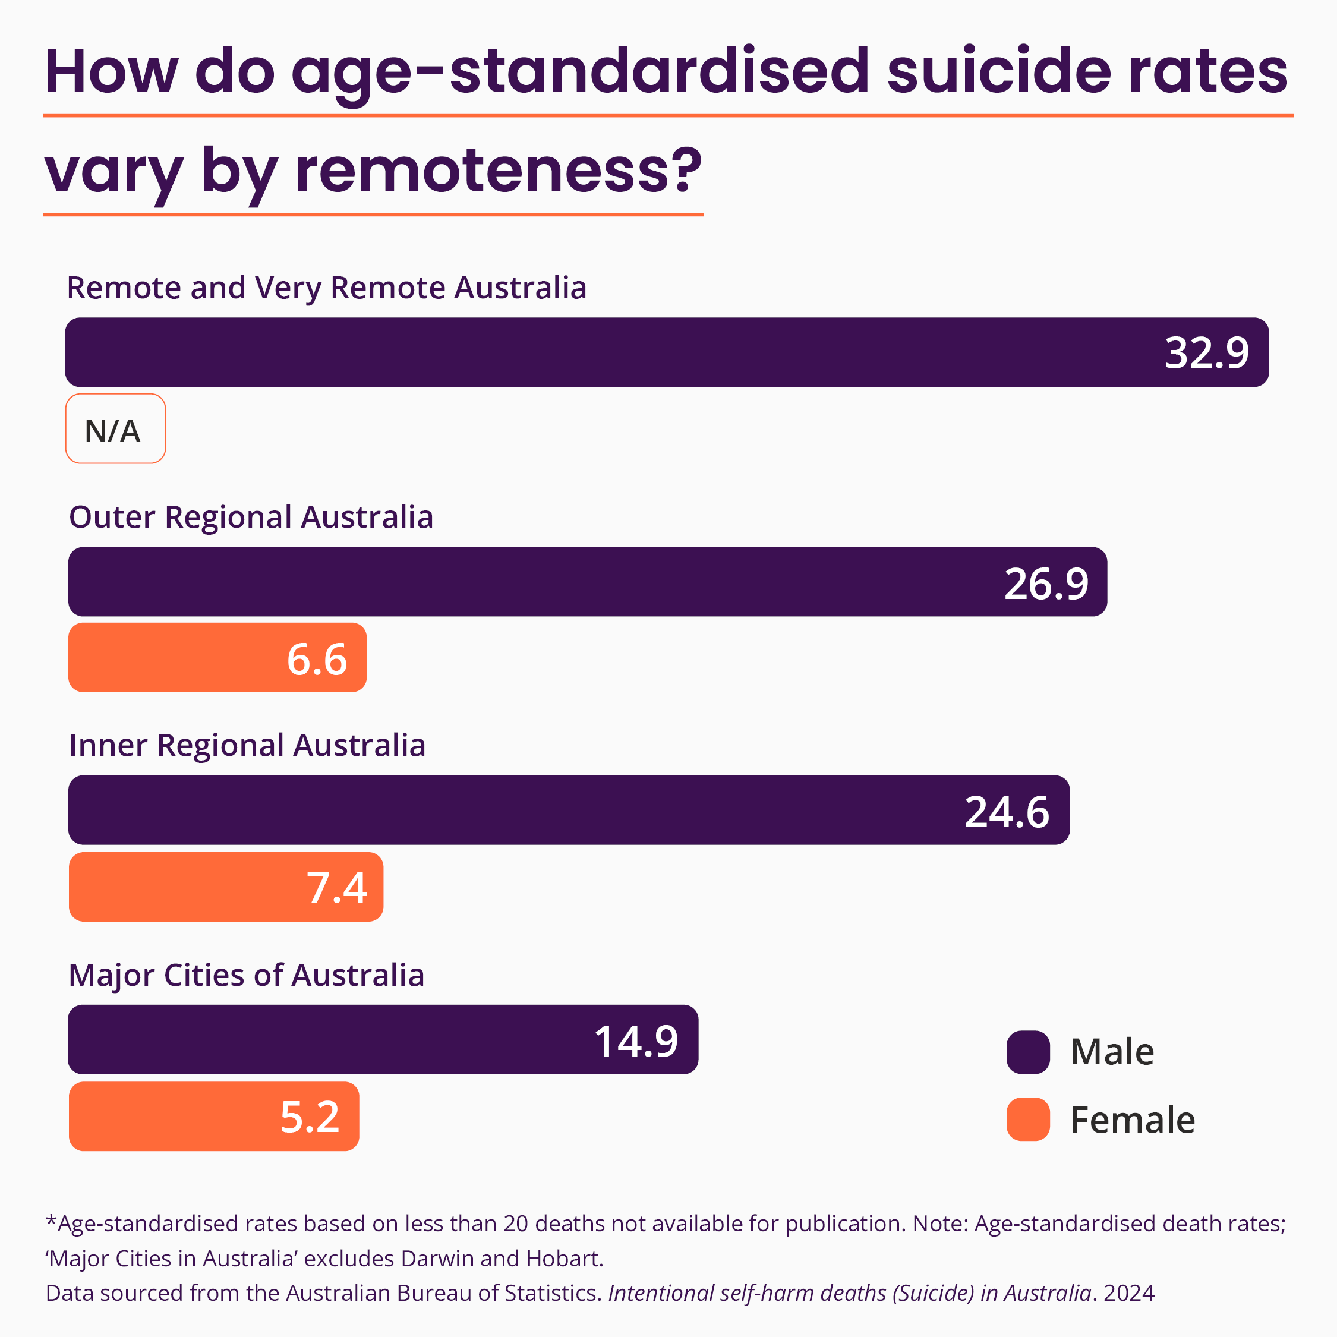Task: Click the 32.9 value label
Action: point(1206,353)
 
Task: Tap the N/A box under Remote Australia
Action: point(115,429)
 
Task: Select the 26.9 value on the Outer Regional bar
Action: point(1046,584)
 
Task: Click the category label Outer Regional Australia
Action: point(251,518)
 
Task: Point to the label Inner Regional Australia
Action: point(247,746)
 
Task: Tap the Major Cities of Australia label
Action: point(247,975)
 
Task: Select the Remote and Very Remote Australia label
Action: point(327,288)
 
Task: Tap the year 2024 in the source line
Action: point(1130,1292)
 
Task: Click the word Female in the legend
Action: point(1133,1120)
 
